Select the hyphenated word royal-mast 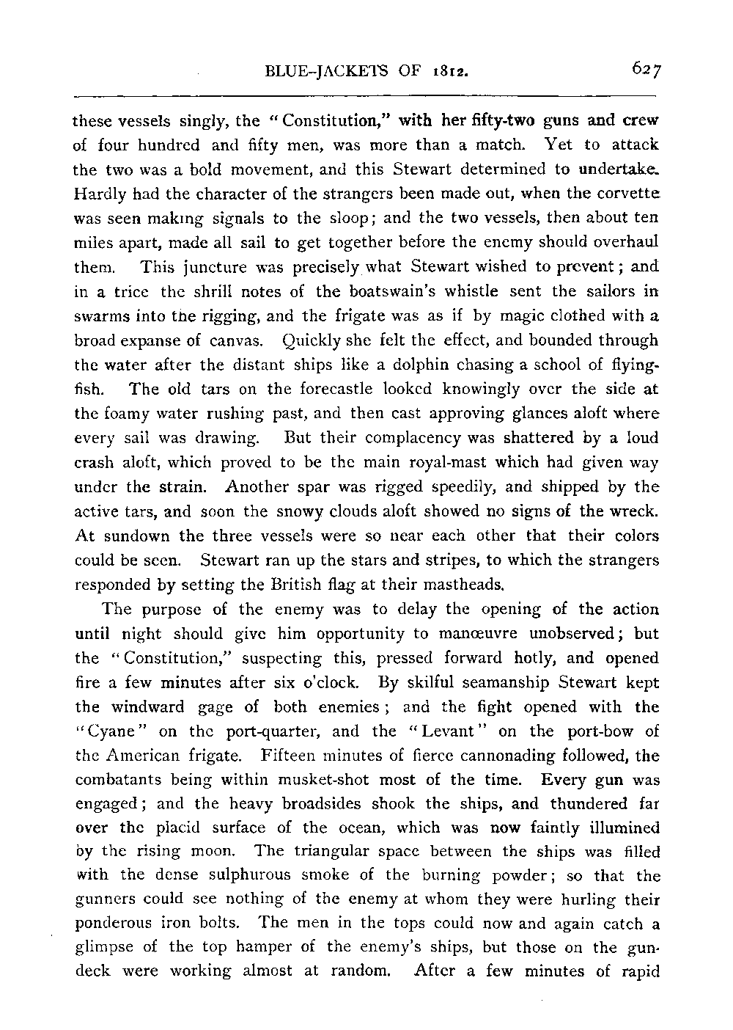pos(435,463)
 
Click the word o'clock pos(326,683)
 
